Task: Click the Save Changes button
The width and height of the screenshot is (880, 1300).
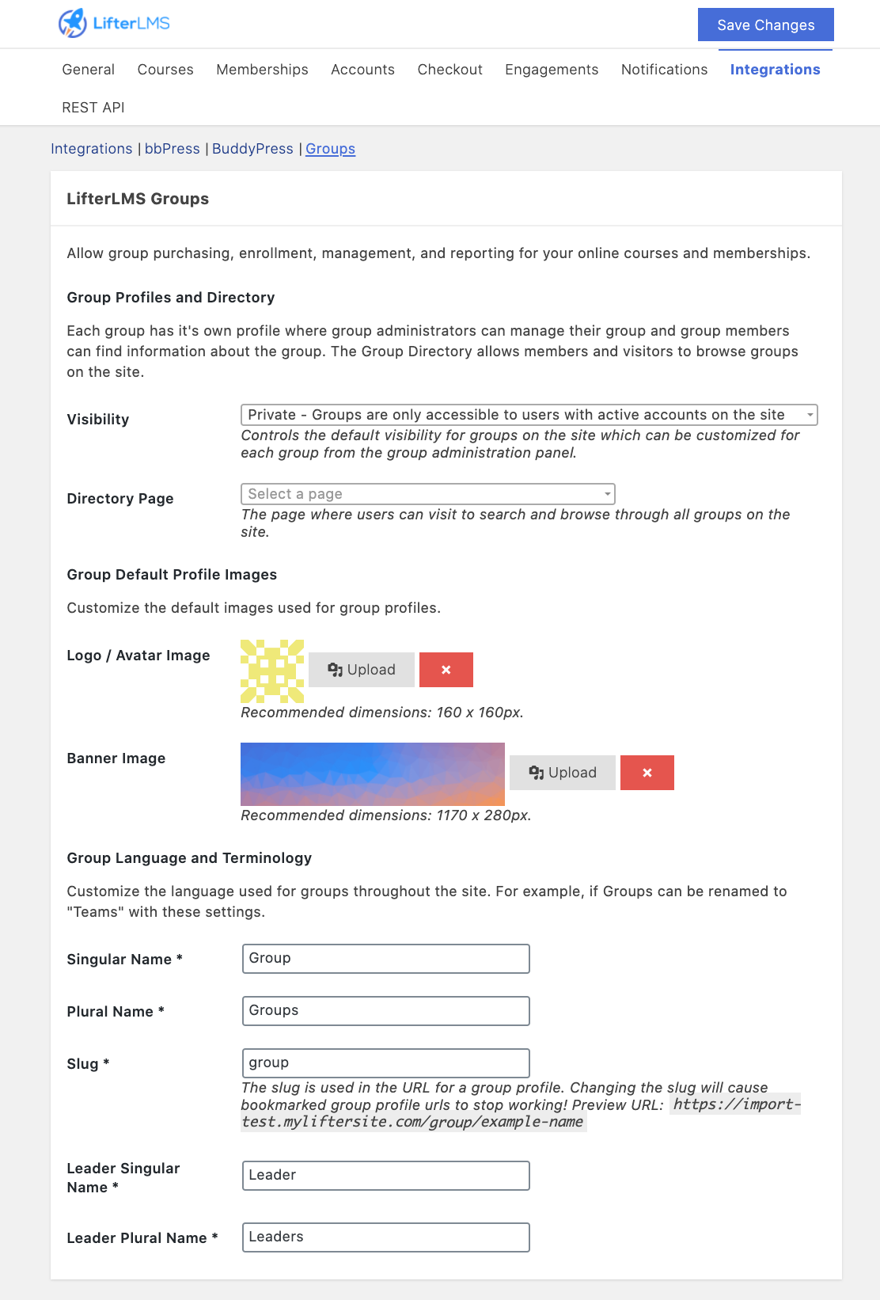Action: [x=765, y=25]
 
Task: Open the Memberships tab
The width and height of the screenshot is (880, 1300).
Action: [x=262, y=70]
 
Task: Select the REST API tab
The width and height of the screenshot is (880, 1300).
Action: [x=93, y=108]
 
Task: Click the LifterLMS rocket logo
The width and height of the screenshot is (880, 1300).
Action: [x=73, y=23]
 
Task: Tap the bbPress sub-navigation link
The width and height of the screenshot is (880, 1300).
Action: [x=172, y=149]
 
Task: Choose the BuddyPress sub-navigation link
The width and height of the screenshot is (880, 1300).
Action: [x=252, y=149]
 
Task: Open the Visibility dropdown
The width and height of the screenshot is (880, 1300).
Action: [x=528, y=415]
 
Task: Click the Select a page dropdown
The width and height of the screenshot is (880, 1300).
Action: [x=427, y=494]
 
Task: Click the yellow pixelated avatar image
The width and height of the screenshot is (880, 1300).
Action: [x=272, y=671]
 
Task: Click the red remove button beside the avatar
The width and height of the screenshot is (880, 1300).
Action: [x=446, y=670]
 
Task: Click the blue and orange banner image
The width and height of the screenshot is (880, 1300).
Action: [x=372, y=774]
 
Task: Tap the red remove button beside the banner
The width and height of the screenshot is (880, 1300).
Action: [x=647, y=773]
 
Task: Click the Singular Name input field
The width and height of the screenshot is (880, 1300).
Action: [x=385, y=959]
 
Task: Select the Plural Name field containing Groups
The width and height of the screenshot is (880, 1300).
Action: [x=385, y=1011]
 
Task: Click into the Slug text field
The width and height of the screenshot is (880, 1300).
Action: [x=385, y=1062]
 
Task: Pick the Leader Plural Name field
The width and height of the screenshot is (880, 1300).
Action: [x=385, y=1237]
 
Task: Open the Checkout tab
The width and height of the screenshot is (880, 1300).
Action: [x=449, y=70]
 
